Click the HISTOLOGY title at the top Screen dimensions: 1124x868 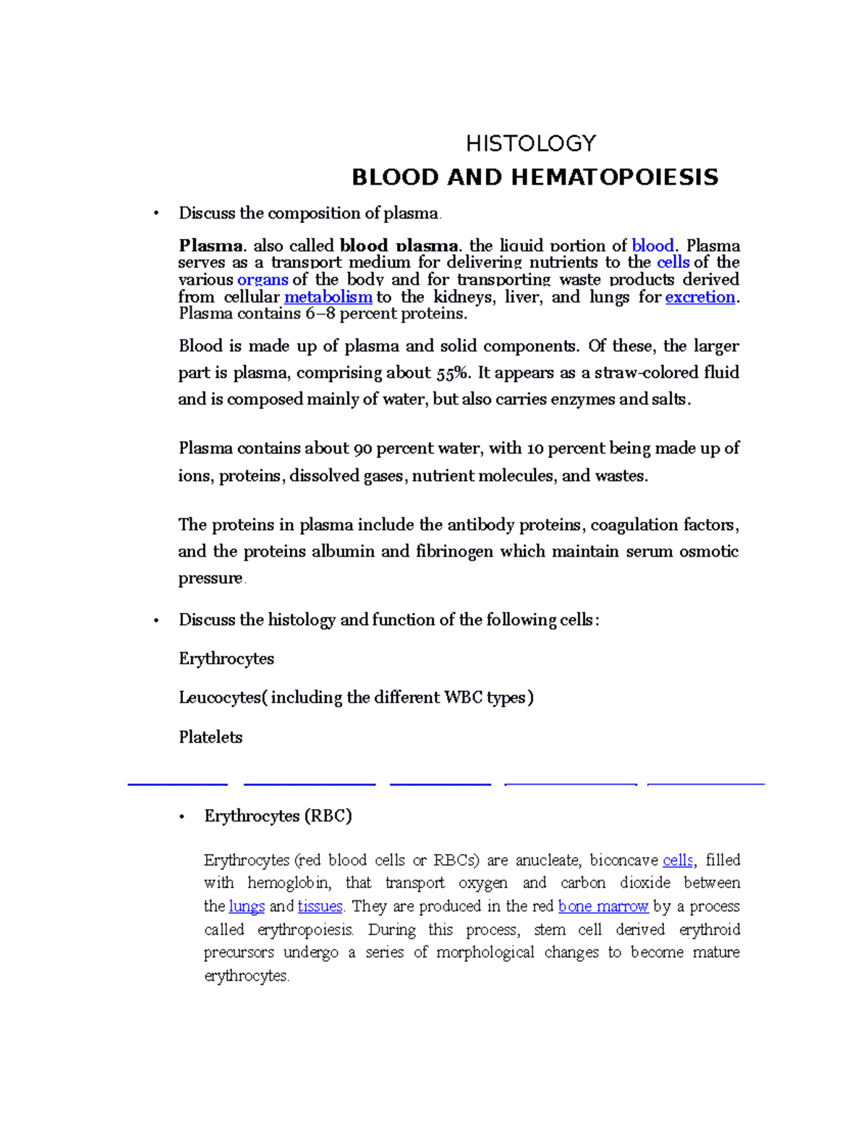click(x=530, y=143)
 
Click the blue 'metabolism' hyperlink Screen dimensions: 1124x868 click(x=328, y=297)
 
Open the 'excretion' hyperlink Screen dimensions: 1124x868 click(x=699, y=297)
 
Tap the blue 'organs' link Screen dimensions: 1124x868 click(x=263, y=279)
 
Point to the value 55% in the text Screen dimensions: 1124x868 click(x=454, y=373)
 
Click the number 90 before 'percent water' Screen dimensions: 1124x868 click(x=362, y=448)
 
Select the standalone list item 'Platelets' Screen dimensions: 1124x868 click(x=210, y=737)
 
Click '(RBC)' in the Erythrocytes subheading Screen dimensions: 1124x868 click(x=328, y=816)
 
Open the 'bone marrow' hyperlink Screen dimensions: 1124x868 click(x=603, y=906)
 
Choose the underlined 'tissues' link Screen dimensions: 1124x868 click(x=320, y=906)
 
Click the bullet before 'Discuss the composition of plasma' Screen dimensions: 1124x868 click(x=156, y=214)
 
